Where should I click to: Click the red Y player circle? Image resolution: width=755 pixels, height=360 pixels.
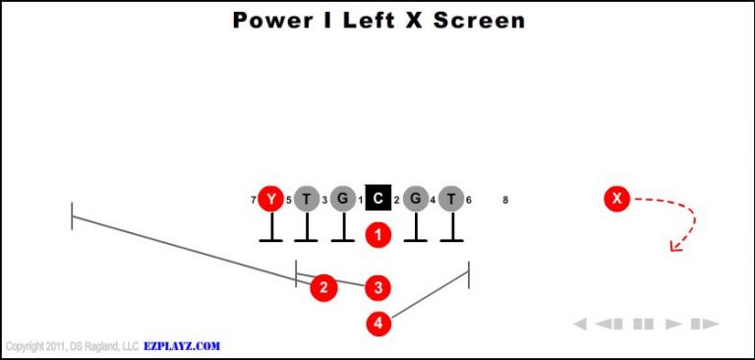click(x=270, y=200)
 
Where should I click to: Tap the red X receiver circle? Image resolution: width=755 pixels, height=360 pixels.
click(x=616, y=200)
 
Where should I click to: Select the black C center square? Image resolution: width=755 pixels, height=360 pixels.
click(x=378, y=200)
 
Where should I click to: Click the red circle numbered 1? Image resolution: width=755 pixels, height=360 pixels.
click(x=378, y=235)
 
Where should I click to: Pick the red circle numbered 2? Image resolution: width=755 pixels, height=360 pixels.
click(x=323, y=287)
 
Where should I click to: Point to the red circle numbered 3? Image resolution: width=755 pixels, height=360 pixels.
click(x=378, y=287)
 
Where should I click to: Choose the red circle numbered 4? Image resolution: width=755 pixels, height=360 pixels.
click(x=378, y=322)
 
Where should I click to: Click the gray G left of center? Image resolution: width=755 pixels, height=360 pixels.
click(x=342, y=200)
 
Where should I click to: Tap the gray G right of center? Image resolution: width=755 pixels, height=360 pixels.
click(x=416, y=200)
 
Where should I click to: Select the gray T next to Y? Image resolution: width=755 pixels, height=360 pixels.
click(x=306, y=200)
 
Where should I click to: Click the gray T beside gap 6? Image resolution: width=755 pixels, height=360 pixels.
click(x=451, y=200)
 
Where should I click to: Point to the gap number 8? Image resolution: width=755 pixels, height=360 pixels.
click(x=505, y=201)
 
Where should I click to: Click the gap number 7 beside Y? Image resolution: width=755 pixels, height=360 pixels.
click(x=254, y=201)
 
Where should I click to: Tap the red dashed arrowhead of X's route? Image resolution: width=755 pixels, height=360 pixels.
click(x=675, y=246)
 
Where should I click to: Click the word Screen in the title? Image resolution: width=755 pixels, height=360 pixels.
click(x=478, y=20)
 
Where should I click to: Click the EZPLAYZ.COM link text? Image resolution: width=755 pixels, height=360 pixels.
click(x=181, y=346)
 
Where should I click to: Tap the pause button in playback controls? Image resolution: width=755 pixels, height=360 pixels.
click(x=643, y=324)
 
